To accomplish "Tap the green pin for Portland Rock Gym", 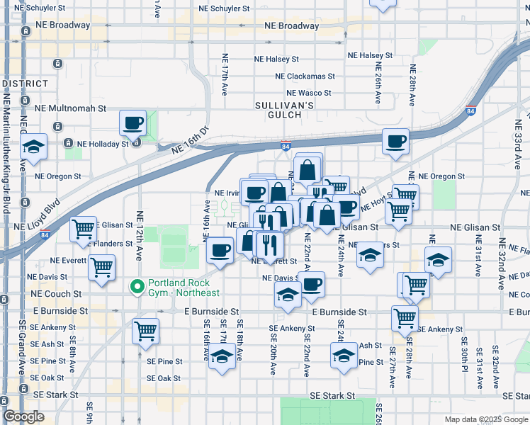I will pos(137,287).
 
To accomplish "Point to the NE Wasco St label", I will pos(309,93).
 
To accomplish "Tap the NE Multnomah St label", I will pos(71,109).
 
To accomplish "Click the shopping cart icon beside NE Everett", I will pos(102,267).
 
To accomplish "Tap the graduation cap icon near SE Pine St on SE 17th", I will pos(222,357).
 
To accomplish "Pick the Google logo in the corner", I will pos(23,417).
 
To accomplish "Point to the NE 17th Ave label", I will pos(225,74).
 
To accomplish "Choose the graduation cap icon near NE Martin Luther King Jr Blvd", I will pos(33,147).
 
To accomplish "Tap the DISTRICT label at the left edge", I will pos(25,84).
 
